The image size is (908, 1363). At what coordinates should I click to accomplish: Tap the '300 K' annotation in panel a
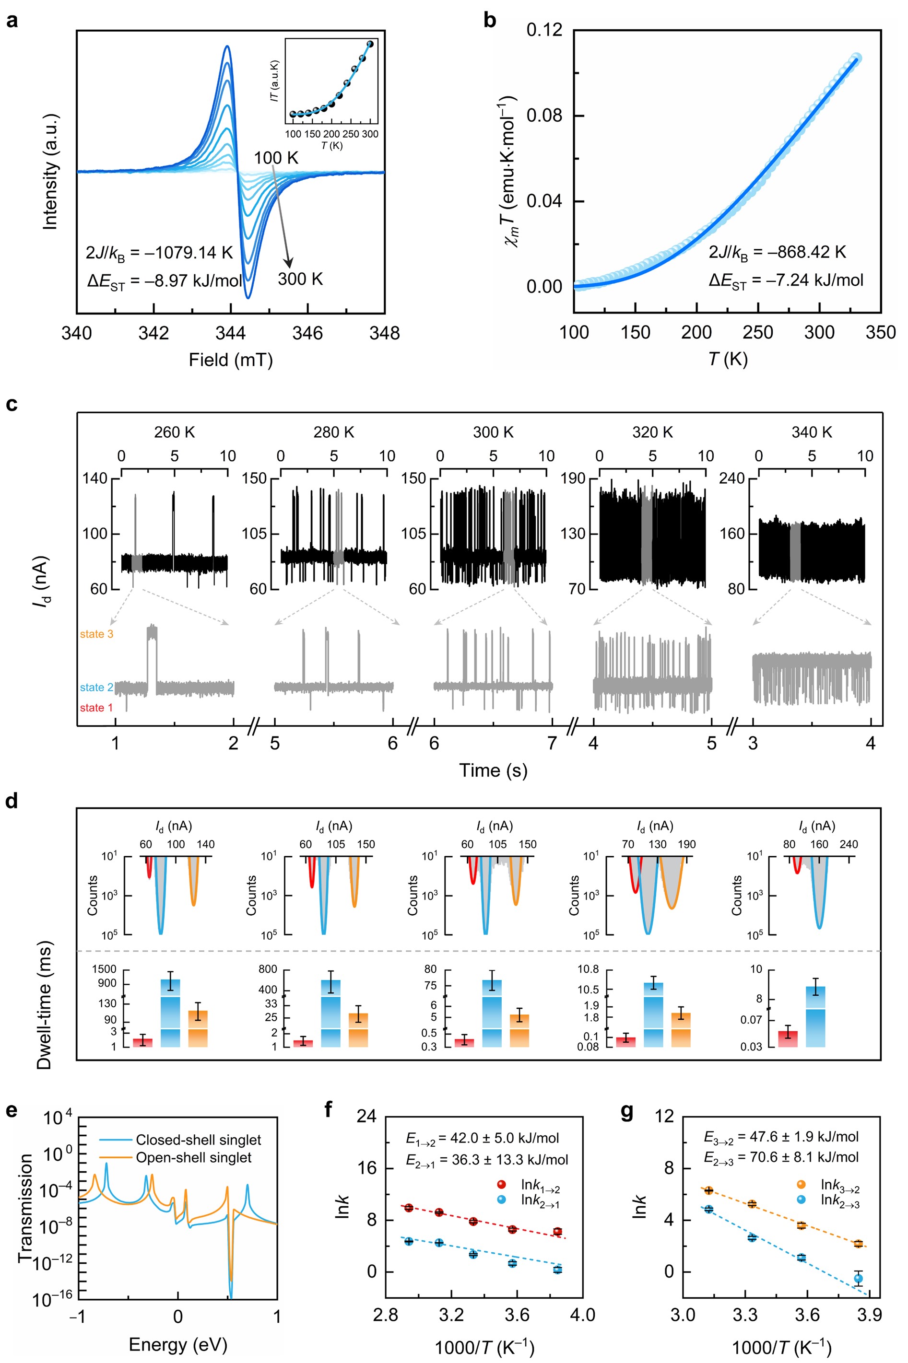pos(300,279)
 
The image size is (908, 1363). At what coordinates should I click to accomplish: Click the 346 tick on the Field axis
pos(307,333)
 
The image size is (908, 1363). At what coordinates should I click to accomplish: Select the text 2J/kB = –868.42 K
pos(777,252)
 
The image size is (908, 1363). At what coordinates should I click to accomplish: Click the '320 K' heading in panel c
pos(653,432)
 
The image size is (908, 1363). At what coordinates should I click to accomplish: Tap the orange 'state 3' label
pos(96,634)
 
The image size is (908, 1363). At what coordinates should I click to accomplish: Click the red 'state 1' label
pos(96,707)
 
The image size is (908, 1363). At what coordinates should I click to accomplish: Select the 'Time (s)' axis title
pos(493,770)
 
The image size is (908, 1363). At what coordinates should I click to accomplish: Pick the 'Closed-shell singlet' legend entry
pos(198,1140)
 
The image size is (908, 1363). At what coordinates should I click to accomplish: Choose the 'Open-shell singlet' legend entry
pos(193,1157)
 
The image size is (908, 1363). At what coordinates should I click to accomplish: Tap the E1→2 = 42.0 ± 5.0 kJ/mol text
pos(483,1138)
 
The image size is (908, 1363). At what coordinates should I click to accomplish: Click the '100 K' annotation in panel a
pos(276,157)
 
